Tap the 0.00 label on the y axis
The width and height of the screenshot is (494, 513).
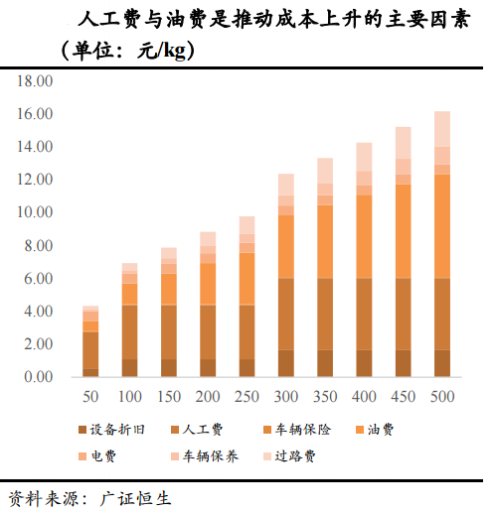coord(38,377)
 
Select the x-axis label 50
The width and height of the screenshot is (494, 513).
coord(90,396)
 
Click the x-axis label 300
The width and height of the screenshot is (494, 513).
coord(285,396)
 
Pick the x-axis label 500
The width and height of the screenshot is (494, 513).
coord(441,396)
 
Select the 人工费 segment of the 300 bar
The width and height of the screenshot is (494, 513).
coord(285,314)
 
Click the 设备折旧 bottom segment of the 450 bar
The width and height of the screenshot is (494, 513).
coord(403,363)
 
